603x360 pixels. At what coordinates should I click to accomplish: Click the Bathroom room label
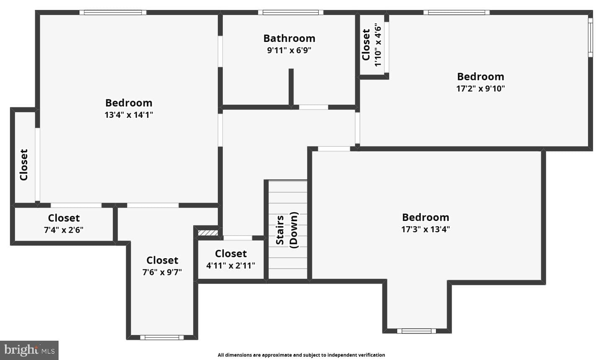(289, 38)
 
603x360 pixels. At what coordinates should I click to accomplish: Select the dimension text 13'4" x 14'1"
(129, 115)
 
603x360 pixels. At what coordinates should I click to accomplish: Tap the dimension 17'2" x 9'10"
(481, 89)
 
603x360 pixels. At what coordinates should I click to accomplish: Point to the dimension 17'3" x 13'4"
(425, 229)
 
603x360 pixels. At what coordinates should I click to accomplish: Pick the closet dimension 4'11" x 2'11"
(231, 266)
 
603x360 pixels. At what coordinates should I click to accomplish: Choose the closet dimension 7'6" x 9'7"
(162, 272)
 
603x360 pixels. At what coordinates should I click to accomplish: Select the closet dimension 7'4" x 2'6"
(64, 230)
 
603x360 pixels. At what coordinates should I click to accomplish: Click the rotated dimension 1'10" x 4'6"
(378, 45)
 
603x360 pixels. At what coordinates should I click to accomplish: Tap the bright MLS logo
(29, 350)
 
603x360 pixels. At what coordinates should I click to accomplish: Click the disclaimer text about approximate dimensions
(301, 355)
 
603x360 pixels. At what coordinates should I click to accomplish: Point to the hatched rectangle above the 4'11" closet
(208, 233)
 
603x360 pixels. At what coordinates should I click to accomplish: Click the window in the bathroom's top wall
(291, 13)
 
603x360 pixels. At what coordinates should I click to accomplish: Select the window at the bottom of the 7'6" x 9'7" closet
(162, 337)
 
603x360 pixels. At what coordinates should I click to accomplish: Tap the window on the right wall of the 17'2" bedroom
(590, 37)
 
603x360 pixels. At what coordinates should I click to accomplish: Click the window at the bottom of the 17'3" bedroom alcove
(416, 331)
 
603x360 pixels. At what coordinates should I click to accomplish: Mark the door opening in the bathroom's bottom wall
(314, 107)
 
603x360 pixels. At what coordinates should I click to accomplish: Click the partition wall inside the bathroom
(291, 87)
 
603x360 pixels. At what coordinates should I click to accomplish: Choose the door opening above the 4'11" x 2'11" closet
(238, 238)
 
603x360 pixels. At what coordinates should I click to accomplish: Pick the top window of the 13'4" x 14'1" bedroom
(113, 13)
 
